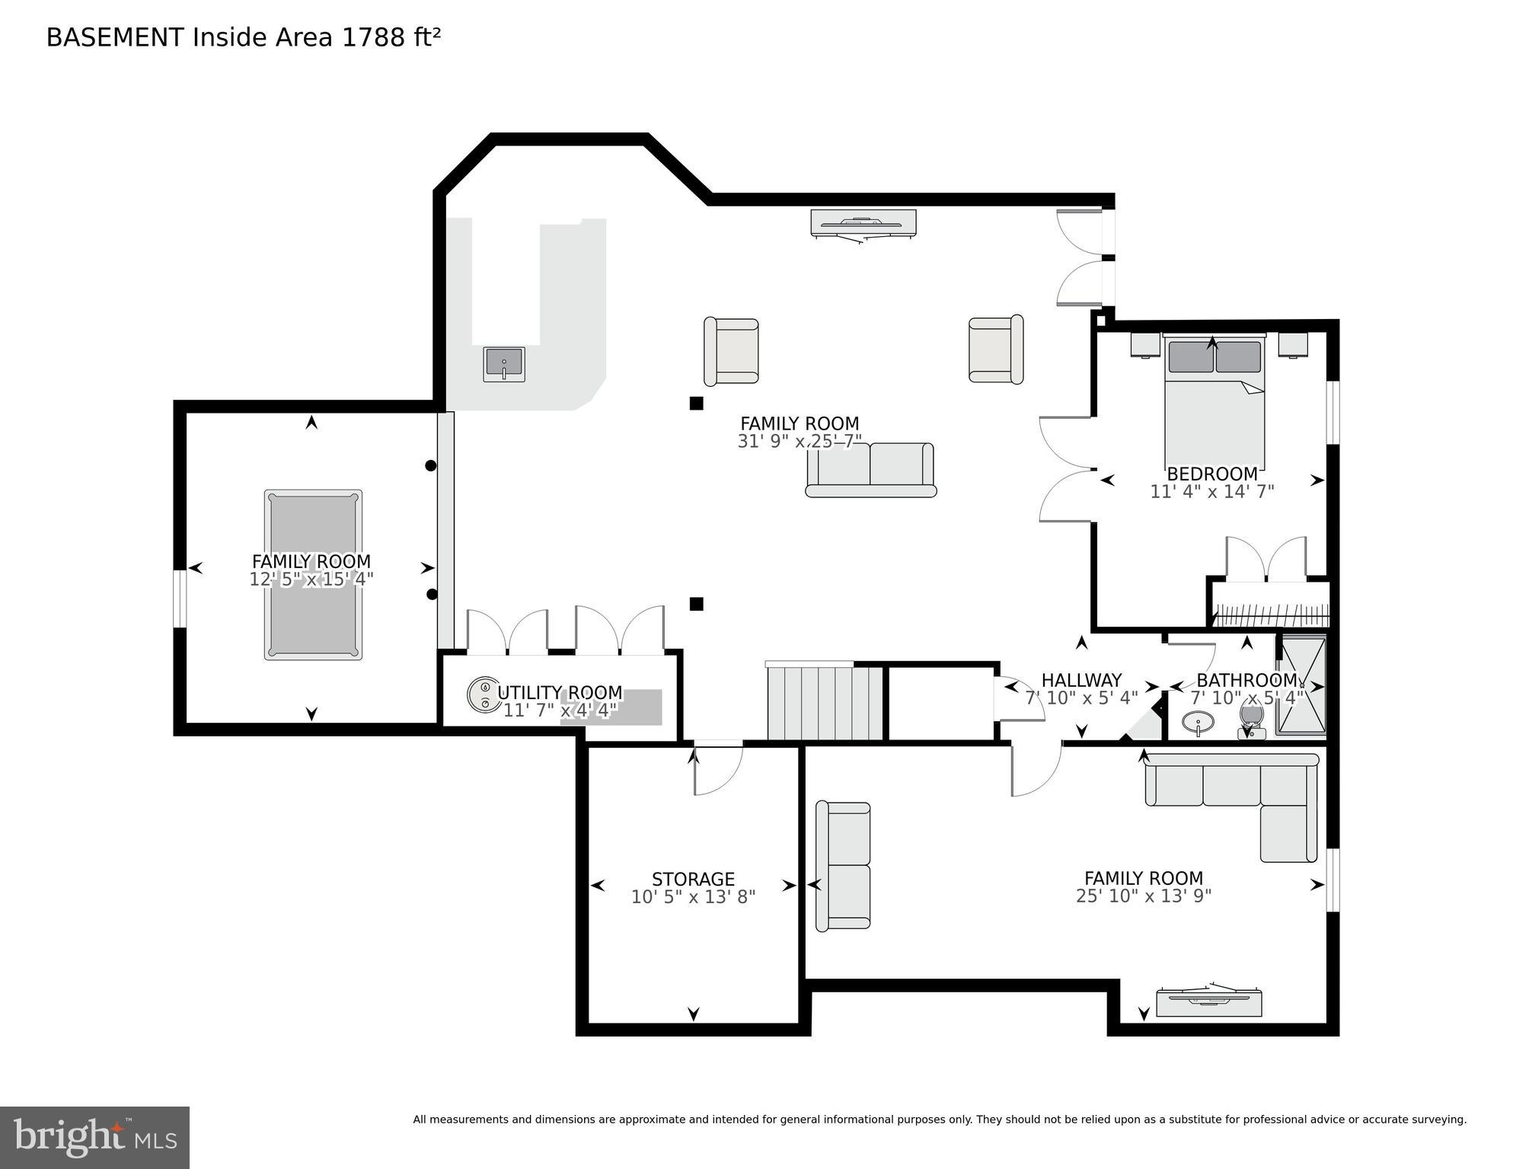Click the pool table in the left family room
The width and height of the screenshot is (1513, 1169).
pyautogui.click(x=313, y=574)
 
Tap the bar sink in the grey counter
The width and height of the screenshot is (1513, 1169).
pyautogui.click(x=503, y=363)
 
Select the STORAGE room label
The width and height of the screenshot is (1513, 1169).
pyautogui.click(x=693, y=879)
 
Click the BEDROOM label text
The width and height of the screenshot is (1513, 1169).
pyautogui.click(x=1211, y=474)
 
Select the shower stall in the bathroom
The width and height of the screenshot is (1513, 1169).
pyautogui.click(x=1301, y=686)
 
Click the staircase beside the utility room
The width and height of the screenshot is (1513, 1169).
pyautogui.click(x=824, y=702)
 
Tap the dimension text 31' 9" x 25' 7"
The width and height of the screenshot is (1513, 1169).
pyautogui.click(x=799, y=441)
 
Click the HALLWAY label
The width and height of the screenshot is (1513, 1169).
pyautogui.click(x=1081, y=680)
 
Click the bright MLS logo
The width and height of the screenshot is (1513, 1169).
pyautogui.click(x=94, y=1138)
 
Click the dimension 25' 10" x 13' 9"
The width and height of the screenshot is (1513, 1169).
pyautogui.click(x=1143, y=896)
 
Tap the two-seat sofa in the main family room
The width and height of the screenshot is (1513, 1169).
pyautogui.click(x=870, y=470)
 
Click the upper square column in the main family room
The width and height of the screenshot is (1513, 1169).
pyautogui.click(x=696, y=404)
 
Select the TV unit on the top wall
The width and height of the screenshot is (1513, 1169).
pyautogui.click(x=863, y=223)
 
